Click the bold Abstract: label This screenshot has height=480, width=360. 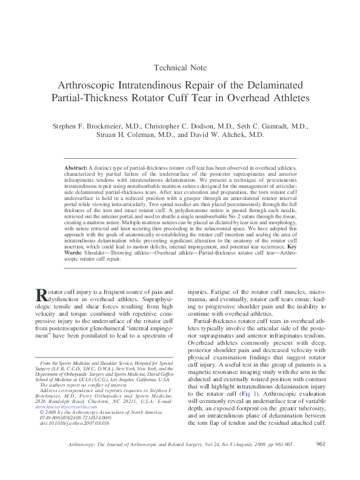click(x=76, y=166)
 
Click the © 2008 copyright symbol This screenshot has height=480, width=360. click(x=41, y=413)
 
